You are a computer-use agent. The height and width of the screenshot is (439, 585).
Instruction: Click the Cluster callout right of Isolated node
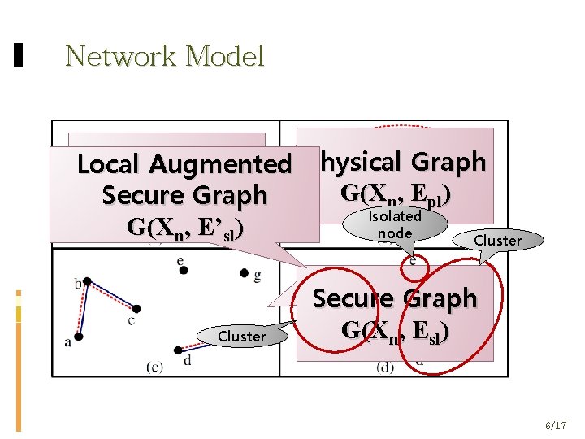(x=497, y=240)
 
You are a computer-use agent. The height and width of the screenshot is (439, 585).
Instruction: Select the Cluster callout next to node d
(x=242, y=336)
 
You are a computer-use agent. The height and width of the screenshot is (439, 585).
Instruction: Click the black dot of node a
(x=79, y=337)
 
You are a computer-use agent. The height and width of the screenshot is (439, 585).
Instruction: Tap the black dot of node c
(x=136, y=309)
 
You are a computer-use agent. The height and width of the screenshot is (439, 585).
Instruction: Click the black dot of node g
(x=245, y=274)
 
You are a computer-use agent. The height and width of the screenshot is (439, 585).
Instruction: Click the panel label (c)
(x=154, y=367)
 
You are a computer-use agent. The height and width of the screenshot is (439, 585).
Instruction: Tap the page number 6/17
(x=556, y=425)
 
